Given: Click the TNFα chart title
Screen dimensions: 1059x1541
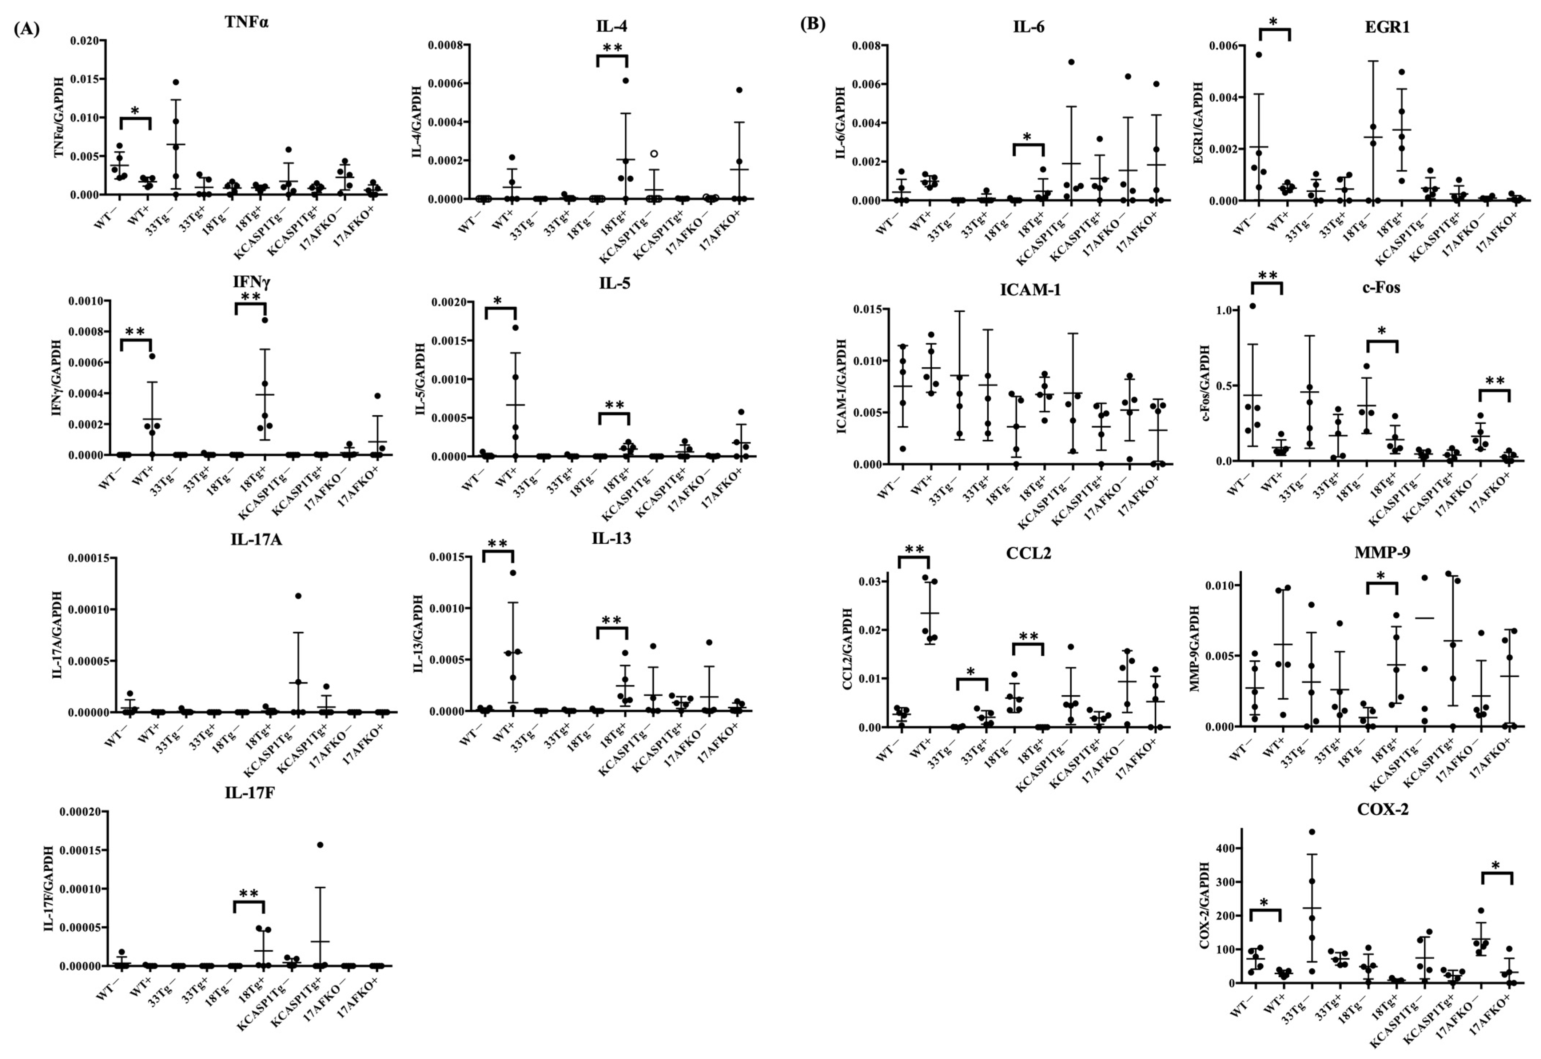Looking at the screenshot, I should [246, 22].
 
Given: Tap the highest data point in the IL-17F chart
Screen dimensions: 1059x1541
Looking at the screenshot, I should [320, 845].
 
